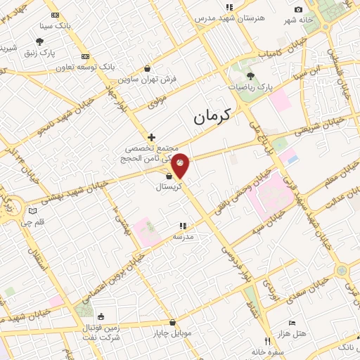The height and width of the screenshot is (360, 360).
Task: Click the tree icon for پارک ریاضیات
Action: click(251, 74)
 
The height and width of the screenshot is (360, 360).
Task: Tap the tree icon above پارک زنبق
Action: click(39, 42)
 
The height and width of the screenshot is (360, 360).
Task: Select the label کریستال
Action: click(169, 188)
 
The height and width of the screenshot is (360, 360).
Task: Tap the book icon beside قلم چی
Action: click(32, 211)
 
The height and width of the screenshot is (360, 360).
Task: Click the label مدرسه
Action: click(183, 237)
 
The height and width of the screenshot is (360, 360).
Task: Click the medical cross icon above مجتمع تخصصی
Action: click(151, 136)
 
